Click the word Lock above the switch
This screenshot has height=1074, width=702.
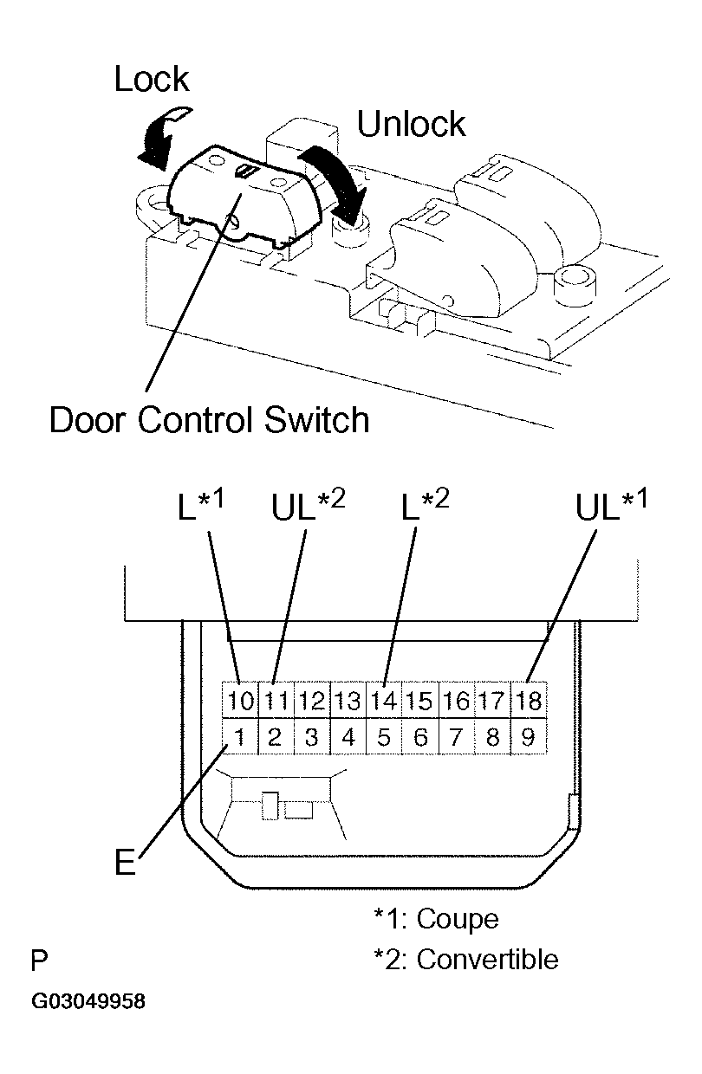pyautogui.click(x=152, y=79)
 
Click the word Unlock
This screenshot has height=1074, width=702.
pyautogui.click(x=411, y=124)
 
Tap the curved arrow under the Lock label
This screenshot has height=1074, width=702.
pyautogui.click(x=162, y=137)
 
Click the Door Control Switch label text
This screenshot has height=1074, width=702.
pyautogui.click(x=209, y=420)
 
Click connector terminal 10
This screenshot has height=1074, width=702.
pyautogui.click(x=240, y=701)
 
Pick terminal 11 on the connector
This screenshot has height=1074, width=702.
pyautogui.click(x=276, y=701)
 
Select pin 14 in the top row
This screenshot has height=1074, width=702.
pyautogui.click(x=384, y=701)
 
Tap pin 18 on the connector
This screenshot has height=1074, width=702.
pyautogui.click(x=529, y=701)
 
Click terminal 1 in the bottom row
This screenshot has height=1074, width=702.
pyautogui.click(x=240, y=737)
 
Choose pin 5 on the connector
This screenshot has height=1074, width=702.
pyautogui.click(x=384, y=737)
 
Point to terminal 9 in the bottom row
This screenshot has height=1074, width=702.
pyautogui.click(x=529, y=737)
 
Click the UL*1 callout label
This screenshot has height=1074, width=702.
pyautogui.click(x=611, y=505)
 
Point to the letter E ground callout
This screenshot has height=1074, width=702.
pyautogui.click(x=126, y=862)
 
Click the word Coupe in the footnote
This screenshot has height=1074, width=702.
pyautogui.click(x=458, y=920)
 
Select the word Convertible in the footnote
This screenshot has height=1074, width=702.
pyautogui.click(x=488, y=960)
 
